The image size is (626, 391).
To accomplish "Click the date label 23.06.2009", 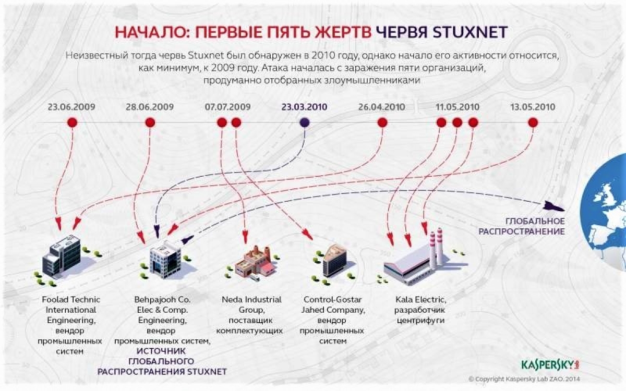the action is pyautogui.click(x=71, y=107).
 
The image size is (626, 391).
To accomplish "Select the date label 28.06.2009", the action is pyautogui.click(x=150, y=107).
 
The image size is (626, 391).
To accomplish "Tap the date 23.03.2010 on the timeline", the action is pyautogui.click(x=304, y=107).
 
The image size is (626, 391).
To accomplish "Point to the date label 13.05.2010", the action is pyautogui.click(x=533, y=107).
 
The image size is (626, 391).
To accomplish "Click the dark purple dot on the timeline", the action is pyautogui.click(x=305, y=123).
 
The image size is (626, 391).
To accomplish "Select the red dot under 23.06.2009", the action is pyautogui.click(x=73, y=123).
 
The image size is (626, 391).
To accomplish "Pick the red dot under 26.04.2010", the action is pyautogui.click(x=382, y=123).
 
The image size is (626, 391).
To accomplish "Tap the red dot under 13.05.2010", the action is pyautogui.click(x=533, y=123).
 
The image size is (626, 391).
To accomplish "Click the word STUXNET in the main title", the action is pyautogui.click(x=470, y=32).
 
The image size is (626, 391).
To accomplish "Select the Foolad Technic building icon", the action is pyautogui.click(x=62, y=256).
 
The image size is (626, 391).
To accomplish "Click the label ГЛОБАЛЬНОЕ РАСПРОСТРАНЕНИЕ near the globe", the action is pyautogui.click(x=522, y=226).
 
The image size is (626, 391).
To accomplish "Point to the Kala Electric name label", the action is pyautogui.click(x=421, y=300).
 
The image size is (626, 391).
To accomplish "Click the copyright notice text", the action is pyautogui.click(x=524, y=379).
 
